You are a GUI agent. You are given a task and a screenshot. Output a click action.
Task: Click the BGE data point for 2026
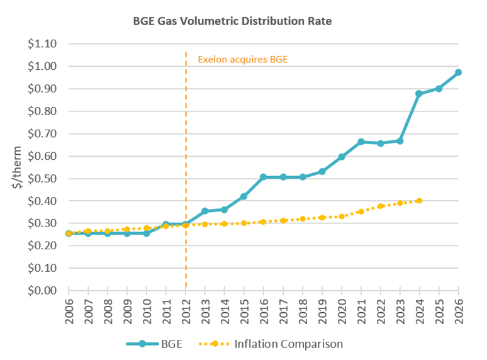(458, 72)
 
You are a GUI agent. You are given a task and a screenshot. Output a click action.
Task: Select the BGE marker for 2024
(419, 94)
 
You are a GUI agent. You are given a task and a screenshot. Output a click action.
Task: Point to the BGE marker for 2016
(263, 177)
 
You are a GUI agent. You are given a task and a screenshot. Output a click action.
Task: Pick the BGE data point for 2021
(361, 142)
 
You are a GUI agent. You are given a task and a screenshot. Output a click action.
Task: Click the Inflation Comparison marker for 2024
(419, 201)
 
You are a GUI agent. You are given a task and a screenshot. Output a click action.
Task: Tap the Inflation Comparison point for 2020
(341, 216)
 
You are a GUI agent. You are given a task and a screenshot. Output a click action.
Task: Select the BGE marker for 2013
(204, 211)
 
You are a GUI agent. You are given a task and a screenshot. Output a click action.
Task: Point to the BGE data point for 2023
(400, 140)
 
